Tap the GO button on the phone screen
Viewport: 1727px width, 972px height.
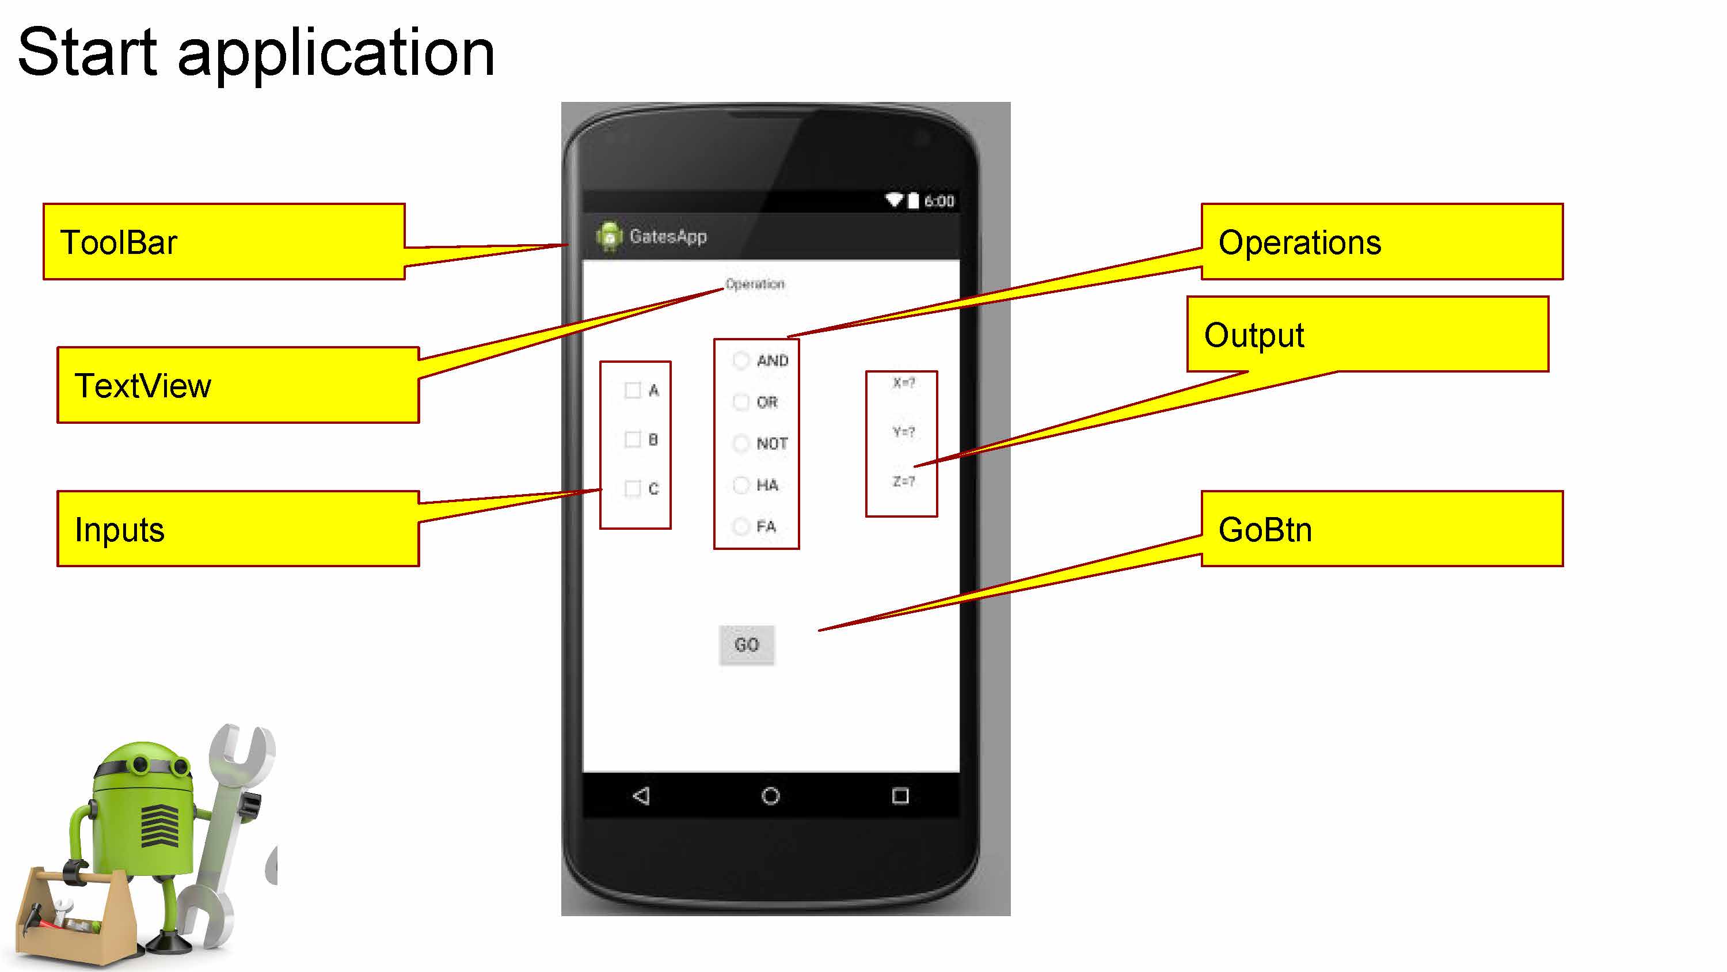(746, 645)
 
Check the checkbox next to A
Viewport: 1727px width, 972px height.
(632, 390)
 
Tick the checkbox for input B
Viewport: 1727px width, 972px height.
(632, 439)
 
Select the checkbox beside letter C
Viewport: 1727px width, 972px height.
(632, 488)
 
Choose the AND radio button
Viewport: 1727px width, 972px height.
(741, 361)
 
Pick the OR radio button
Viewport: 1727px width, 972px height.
(741, 402)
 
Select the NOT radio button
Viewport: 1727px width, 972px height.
(741, 443)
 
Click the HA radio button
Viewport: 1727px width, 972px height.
(741, 485)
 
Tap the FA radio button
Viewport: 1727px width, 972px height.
(741, 526)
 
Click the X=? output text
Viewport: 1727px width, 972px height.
(903, 383)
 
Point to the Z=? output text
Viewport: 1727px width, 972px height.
(903, 481)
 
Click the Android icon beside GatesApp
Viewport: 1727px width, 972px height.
(608, 236)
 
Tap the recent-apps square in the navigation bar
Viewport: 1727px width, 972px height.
(900, 796)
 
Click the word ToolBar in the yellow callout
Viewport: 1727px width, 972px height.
(119, 242)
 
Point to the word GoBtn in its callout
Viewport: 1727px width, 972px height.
(1264, 529)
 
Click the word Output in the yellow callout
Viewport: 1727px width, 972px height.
(1254, 335)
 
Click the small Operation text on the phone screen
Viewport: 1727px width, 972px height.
(755, 284)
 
